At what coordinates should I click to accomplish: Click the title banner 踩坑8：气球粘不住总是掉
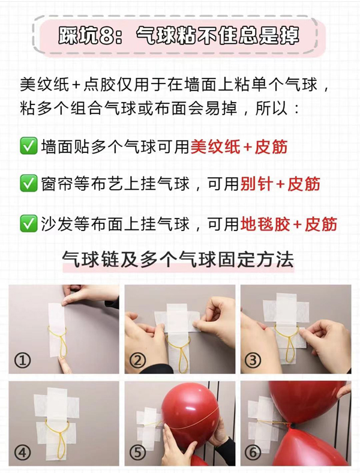(x=179, y=37)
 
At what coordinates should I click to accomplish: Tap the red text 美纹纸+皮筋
(x=239, y=146)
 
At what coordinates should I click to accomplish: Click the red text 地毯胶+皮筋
(x=289, y=224)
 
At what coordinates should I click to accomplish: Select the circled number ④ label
(x=23, y=454)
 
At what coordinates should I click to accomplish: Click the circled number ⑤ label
(x=139, y=454)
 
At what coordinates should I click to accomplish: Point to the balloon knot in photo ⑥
(x=291, y=426)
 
